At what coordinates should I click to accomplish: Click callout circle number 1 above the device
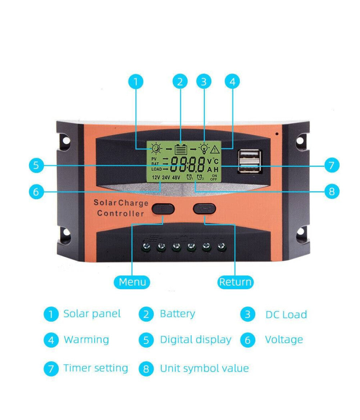coord(136,82)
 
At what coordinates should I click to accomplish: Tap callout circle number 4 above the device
coord(232,82)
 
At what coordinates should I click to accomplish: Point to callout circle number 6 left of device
coord(36,192)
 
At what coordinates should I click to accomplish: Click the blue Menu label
coord(132,282)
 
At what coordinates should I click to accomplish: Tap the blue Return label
coord(236,282)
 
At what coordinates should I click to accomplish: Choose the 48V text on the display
coord(176,177)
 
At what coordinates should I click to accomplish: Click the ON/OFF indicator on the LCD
coord(214,177)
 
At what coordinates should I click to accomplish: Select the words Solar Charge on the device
coord(121,203)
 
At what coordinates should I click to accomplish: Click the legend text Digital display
coord(196,340)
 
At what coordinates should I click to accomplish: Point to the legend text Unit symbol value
coord(204,368)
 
